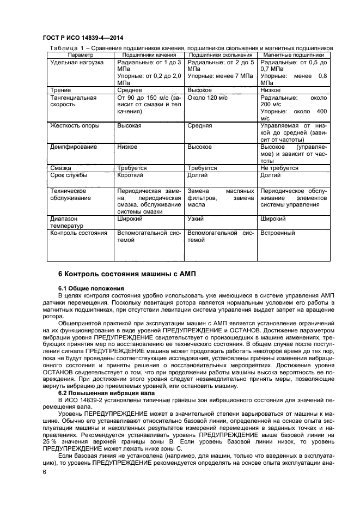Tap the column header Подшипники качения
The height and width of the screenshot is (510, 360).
point(149,55)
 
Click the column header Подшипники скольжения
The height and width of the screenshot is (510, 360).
point(221,55)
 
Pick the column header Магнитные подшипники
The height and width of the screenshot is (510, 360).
point(294,55)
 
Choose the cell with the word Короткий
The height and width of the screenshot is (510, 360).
point(131,176)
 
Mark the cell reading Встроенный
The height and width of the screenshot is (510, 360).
point(278,233)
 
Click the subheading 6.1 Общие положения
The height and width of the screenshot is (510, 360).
point(91,288)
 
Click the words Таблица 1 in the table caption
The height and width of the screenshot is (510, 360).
point(65,48)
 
